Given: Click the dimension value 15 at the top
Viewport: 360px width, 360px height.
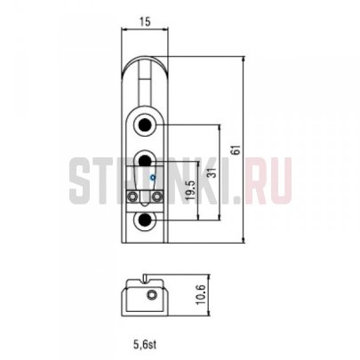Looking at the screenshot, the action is (x=145, y=21).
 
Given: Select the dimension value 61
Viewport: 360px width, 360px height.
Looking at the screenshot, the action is (x=236, y=150).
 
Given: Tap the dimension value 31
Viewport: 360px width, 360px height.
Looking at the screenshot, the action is (x=213, y=172).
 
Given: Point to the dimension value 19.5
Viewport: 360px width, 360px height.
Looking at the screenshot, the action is (x=191, y=190).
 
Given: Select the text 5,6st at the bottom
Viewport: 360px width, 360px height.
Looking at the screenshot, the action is (x=145, y=344).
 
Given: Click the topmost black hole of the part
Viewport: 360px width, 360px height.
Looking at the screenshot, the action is (x=145, y=124).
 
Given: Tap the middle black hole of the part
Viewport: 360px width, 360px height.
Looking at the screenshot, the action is (x=145, y=160).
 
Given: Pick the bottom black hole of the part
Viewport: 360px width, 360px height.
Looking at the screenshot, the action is (x=145, y=220).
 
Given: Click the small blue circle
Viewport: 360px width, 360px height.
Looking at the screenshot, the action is (x=153, y=178).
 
